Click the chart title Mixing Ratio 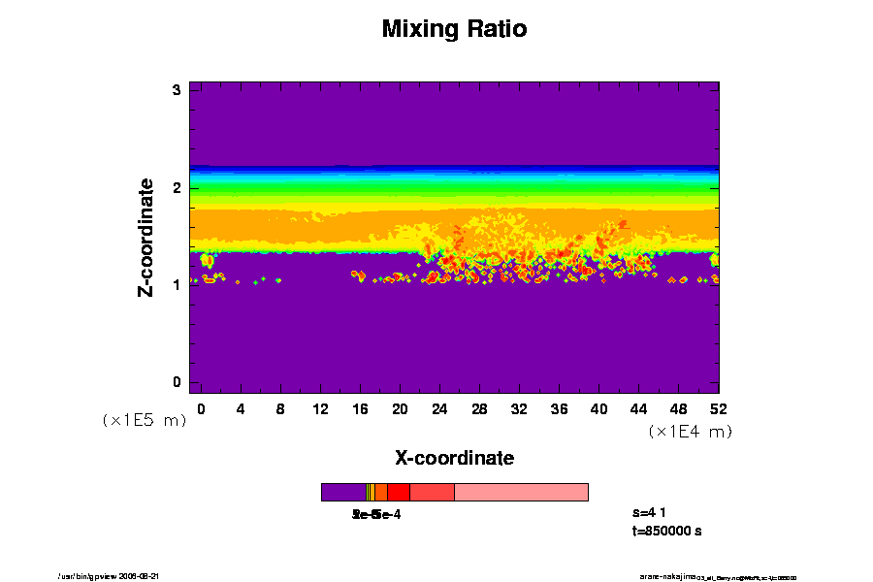click(454, 29)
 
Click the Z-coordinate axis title click(147, 237)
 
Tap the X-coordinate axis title click(454, 458)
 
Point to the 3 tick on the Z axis click(178, 90)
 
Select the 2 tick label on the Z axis click(178, 187)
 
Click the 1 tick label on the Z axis click(178, 284)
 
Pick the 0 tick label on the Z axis click(178, 382)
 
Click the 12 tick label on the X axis click(320, 409)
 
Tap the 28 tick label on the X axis click(479, 409)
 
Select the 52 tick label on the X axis click(718, 409)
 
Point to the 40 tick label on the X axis click(598, 409)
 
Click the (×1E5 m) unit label click(144, 421)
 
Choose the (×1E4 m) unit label click(690, 432)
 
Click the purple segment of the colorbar click(342, 493)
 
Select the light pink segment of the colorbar click(521, 493)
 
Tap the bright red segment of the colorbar click(398, 493)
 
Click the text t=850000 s click(666, 532)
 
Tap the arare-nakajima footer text click(669, 576)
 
